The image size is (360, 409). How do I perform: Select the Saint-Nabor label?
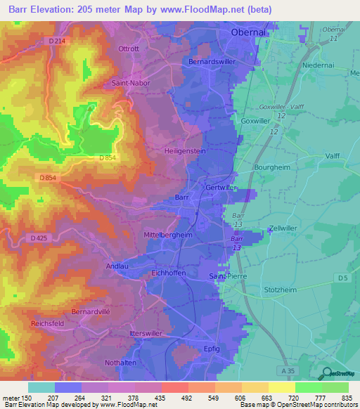pos(127,82)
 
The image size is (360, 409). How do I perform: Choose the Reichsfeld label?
pos(49,323)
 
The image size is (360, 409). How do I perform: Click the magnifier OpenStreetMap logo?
pos(326,374)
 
